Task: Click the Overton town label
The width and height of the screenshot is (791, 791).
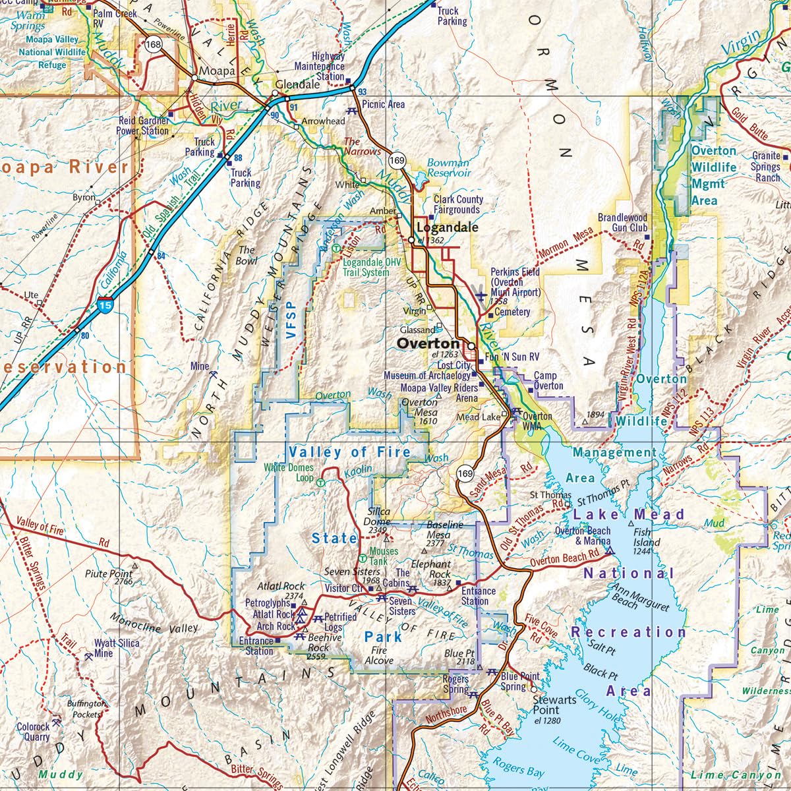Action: click(428, 343)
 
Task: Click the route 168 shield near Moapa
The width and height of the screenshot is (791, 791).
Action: click(154, 44)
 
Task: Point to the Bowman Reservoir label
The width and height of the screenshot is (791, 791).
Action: click(448, 167)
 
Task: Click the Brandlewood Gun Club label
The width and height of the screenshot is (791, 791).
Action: click(622, 222)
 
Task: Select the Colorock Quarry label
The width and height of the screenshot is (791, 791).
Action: click(33, 732)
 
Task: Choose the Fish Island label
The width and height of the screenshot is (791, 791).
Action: click(641, 537)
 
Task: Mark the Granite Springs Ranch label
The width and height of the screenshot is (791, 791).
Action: click(765, 167)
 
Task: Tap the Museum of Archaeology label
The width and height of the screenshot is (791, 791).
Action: click(427, 376)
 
